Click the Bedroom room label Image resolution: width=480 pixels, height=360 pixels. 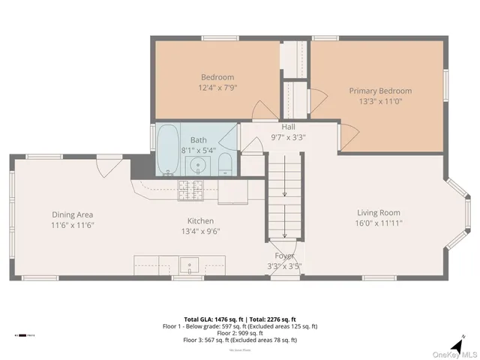(217, 76)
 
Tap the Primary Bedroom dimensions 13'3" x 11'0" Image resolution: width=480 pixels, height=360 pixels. (380, 101)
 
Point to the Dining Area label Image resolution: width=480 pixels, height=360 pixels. (72, 214)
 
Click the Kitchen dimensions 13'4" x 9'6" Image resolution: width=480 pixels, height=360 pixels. (200, 232)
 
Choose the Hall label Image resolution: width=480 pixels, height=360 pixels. (288, 127)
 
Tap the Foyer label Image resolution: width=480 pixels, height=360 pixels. (283, 256)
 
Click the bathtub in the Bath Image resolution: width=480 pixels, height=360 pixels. (167, 148)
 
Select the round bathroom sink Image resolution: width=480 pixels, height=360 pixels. (199, 165)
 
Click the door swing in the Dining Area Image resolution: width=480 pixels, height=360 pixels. (105, 166)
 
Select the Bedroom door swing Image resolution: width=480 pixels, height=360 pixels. (264, 111)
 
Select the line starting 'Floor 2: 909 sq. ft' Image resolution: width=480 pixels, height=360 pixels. (240, 333)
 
